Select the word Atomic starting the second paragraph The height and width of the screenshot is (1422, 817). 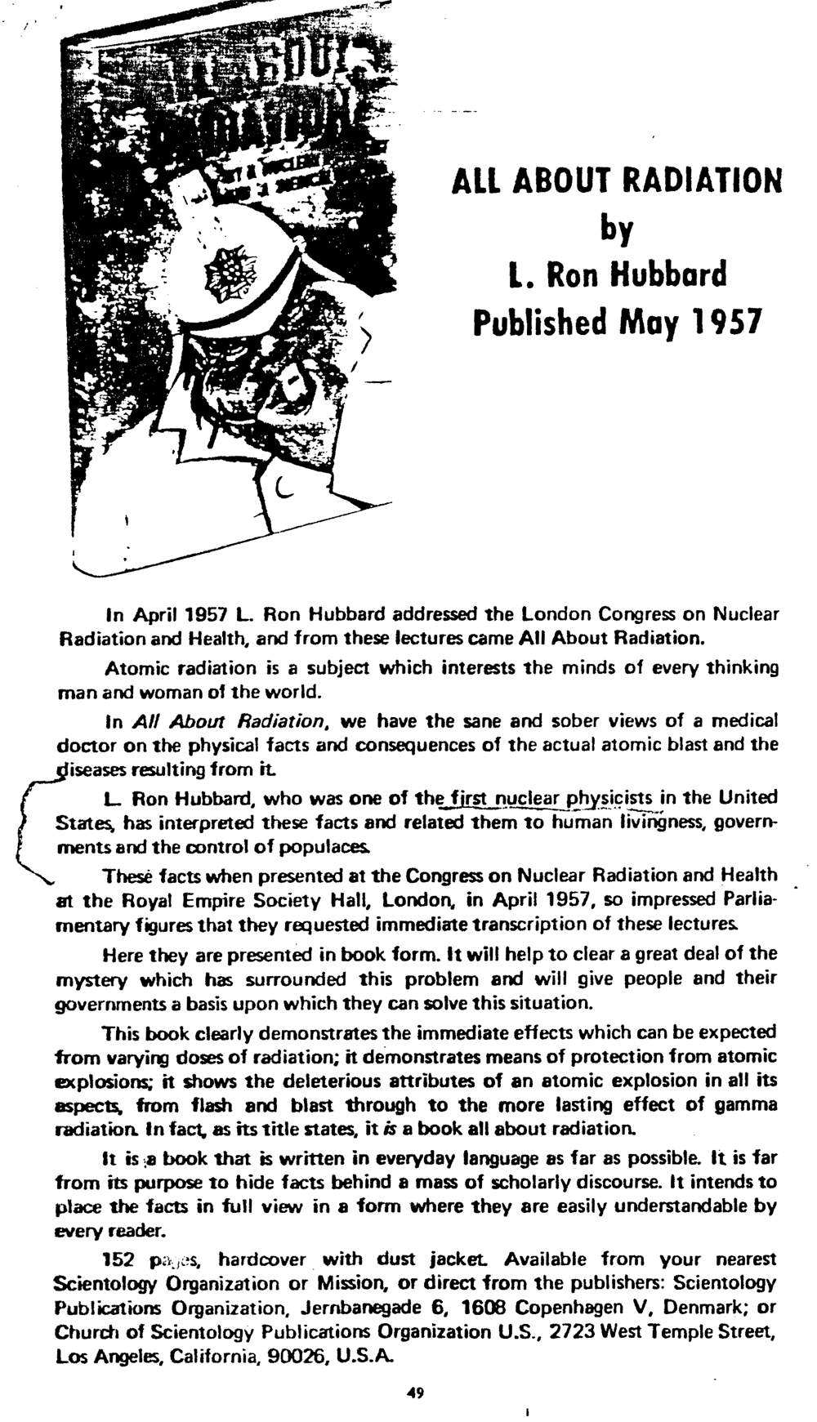click(132, 668)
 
